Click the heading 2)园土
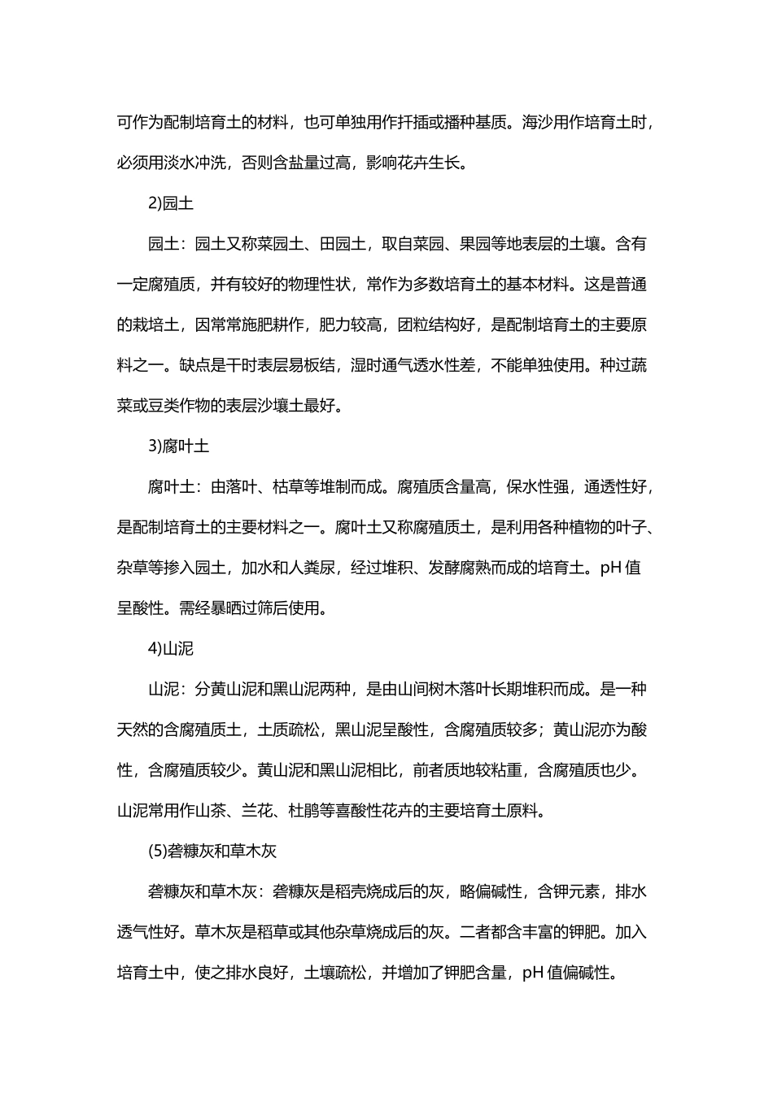(171, 203)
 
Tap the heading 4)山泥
(171, 649)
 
